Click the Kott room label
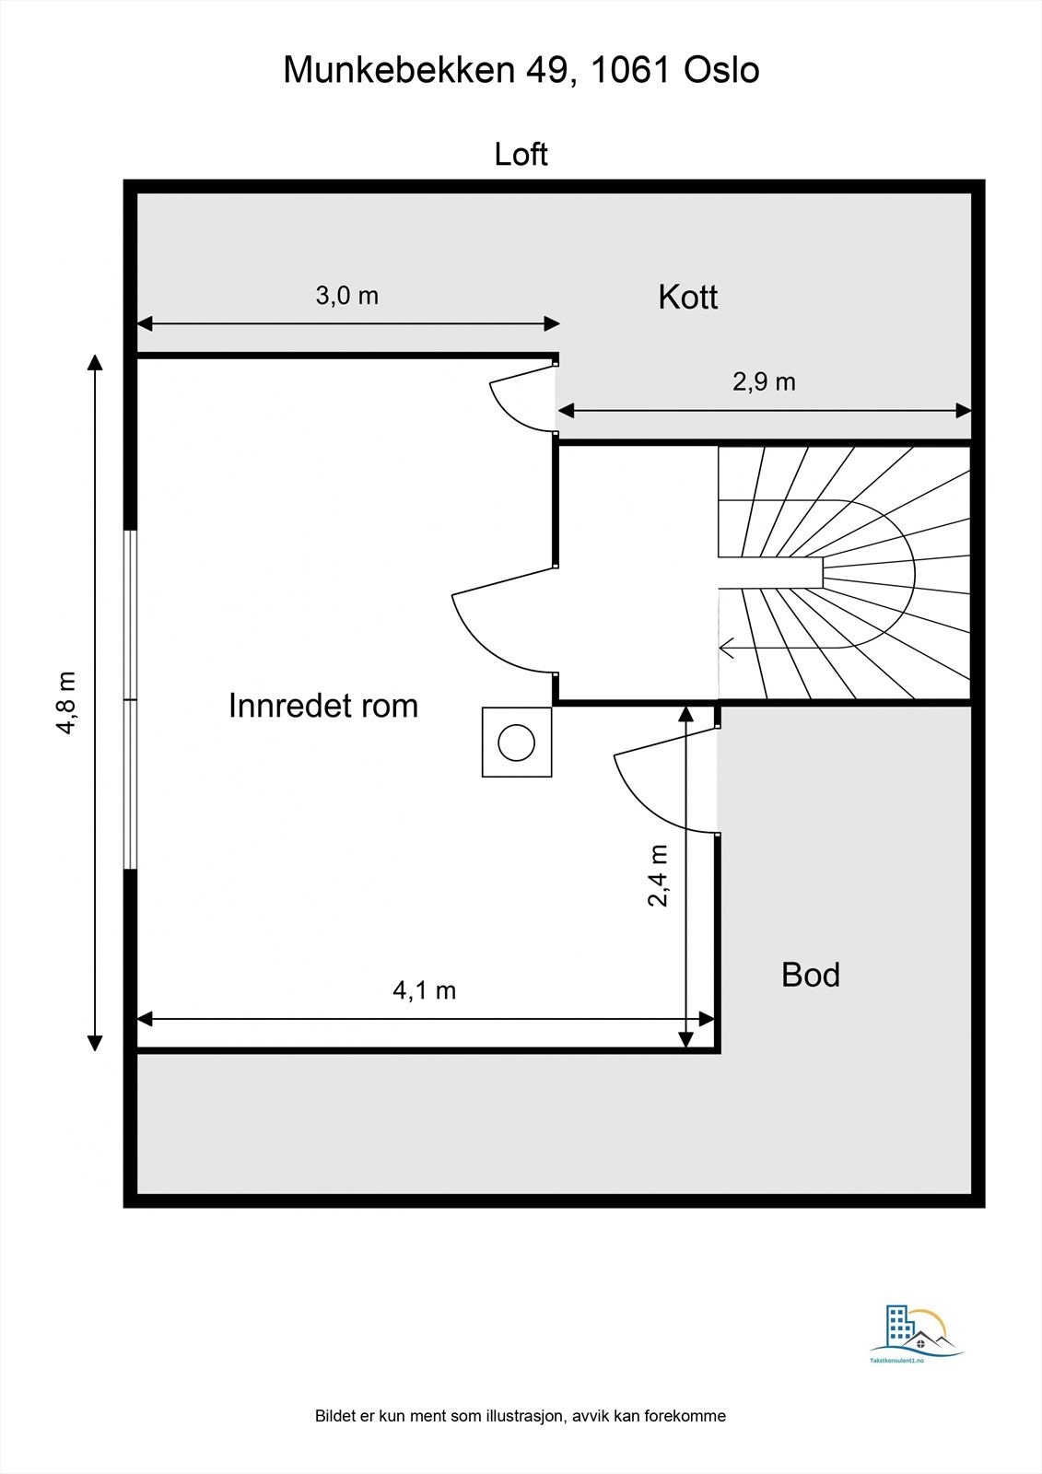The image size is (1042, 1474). pyautogui.click(x=687, y=298)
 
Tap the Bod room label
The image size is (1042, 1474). pyautogui.click(x=811, y=975)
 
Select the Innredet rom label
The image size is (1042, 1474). pyautogui.click(x=323, y=706)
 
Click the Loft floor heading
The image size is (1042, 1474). pyautogui.click(x=521, y=154)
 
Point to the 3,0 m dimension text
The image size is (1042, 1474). pyautogui.click(x=347, y=296)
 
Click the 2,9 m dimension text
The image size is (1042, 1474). pyautogui.click(x=764, y=381)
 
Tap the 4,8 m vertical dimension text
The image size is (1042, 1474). pyautogui.click(x=67, y=702)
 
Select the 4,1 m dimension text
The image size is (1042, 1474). pyautogui.click(x=424, y=990)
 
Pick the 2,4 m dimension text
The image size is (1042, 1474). pyautogui.click(x=658, y=875)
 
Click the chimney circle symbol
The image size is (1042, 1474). pyautogui.click(x=516, y=743)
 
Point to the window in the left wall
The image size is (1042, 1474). pyautogui.click(x=131, y=699)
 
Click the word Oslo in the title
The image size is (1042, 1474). pyautogui.click(x=721, y=70)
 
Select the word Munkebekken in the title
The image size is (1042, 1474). pyautogui.click(x=400, y=70)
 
